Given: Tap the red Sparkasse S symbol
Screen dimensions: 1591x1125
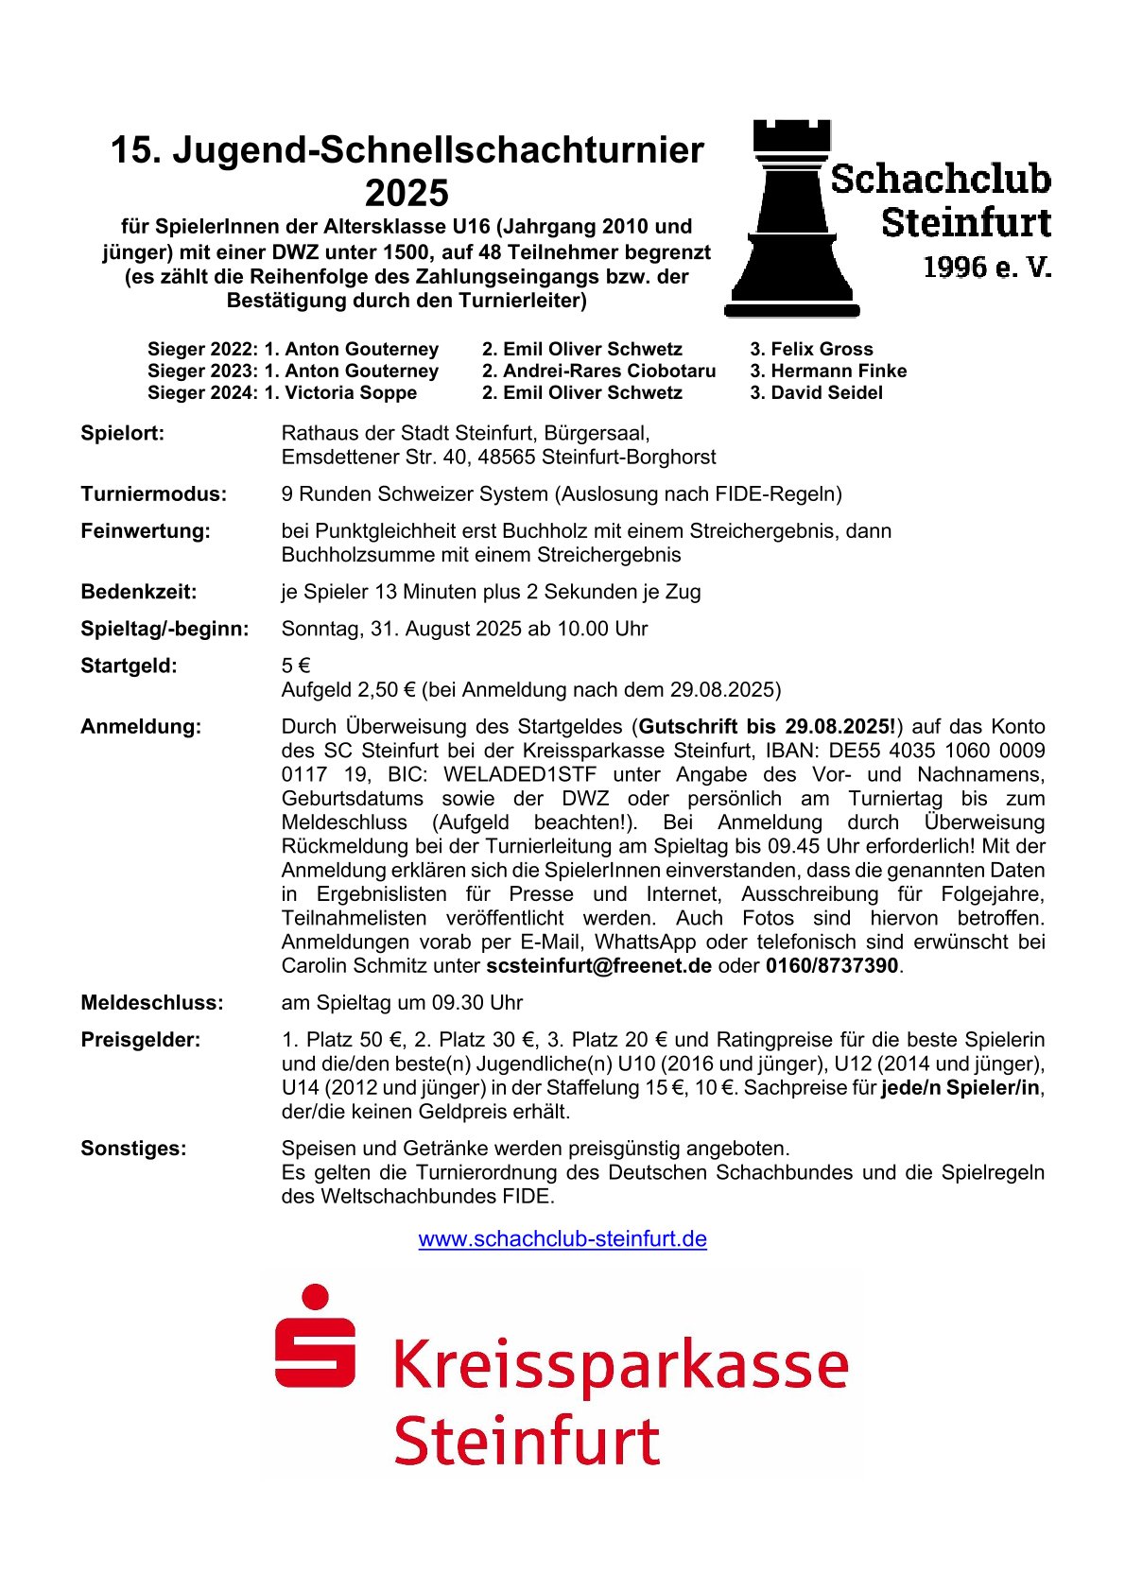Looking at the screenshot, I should coord(315,1336).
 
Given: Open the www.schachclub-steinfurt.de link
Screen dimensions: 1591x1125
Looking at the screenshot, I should coord(562,1238).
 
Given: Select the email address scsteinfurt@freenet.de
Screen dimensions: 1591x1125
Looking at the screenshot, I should coord(598,966).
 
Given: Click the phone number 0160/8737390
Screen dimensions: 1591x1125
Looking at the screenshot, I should coord(832,966).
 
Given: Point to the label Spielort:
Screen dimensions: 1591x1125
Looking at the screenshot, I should coord(123,434).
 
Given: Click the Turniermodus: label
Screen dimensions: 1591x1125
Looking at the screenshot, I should coord(154,494).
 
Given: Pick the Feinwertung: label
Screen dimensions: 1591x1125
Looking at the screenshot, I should coord(146,531).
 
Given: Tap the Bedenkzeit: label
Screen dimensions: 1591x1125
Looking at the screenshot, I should coord(139,592).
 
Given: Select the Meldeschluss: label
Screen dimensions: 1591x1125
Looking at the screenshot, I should coord(152,1003).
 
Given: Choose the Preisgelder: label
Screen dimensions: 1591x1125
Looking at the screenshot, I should coord(141,1040).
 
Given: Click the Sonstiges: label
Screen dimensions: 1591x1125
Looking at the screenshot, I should coord(133,1149).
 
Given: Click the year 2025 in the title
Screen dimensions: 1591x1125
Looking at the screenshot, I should coord(407,193).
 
